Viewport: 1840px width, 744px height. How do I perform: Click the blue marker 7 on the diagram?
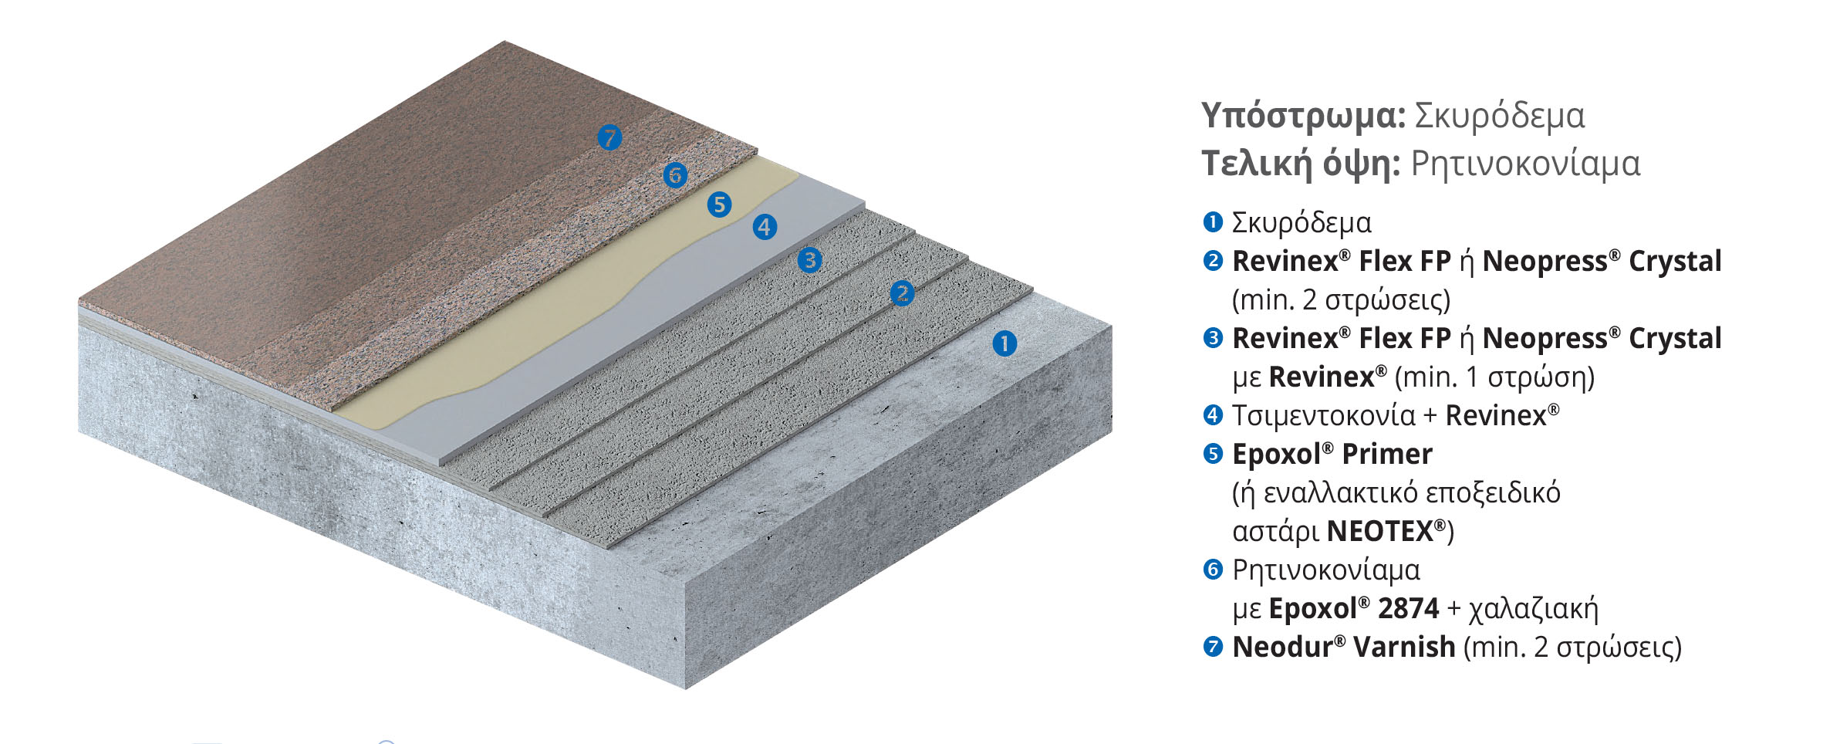pyautogui.click(x=609, y=138)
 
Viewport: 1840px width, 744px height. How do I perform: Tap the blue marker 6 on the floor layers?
pyautogui.click(x=675, y=175)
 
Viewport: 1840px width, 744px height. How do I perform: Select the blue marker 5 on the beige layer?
pyautogui.click(x=719, y=205)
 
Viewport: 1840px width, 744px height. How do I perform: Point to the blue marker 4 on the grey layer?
pyautogui.click(x=765, y=227)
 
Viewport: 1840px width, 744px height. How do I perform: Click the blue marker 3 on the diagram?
pyautogui.click(x=809, y=260)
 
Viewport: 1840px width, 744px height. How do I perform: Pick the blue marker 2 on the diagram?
pyautogui.click(x=902, y=293)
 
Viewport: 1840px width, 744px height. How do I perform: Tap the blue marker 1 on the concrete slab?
pyautogui.click(x=1004, y=343)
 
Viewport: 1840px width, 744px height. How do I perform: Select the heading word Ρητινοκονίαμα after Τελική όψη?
pyautogui.click(x=1525, y=164)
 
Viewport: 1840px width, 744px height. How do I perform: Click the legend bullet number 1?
pyautogui.click(x=1213, y=222)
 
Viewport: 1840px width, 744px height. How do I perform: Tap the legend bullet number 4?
pyautogui.click(x=1213, y=415)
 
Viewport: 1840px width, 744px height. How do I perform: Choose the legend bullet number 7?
pyautogui.click(x=1213, y=647)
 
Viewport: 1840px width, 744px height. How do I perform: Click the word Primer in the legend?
pyautogui.click(x=1386, y=454)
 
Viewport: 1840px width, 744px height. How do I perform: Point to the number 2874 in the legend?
pyautogui.click(x=1408, y=608)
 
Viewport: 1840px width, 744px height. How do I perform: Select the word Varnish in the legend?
pyautogui.click(x=1404, y=647)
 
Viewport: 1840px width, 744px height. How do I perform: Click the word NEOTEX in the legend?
pyautogui.click(x=1379, y=531)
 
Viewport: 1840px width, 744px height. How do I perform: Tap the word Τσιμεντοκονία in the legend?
pyautogui.click(x=1323, y=416)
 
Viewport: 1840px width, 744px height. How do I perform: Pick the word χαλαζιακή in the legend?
pyautogui.click(x=1533, y=609)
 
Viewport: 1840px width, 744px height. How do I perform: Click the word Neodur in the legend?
pyautogui.click(x=1283, y=647)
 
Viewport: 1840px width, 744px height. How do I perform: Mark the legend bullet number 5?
pyautogui.click(x=1213, y=454)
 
